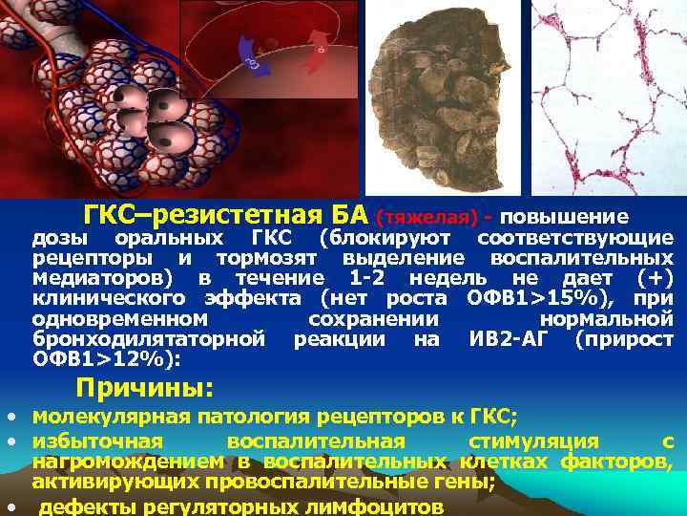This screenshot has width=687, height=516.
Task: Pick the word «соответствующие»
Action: point(574,237)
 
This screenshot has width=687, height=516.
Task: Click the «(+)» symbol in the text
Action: point(655,278)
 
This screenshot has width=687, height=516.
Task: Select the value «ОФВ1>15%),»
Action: point(522,298)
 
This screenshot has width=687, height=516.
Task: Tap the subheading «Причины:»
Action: point(144,388)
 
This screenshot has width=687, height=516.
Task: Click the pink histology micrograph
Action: point(608,96)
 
